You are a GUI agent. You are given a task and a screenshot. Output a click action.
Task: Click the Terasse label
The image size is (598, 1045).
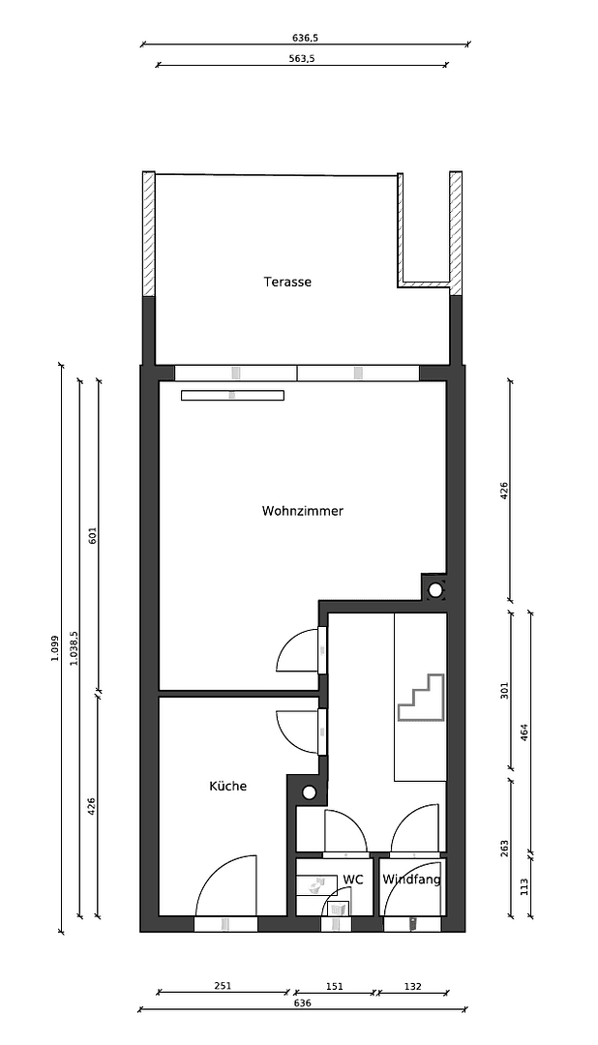click(x=287, y=283)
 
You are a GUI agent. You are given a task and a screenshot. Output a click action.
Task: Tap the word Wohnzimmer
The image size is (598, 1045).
click(x=302, y=511)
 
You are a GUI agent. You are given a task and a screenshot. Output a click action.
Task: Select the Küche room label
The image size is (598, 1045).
click(x=227, y=787)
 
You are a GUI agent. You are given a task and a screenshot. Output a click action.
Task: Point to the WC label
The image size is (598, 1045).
click(x=353, y=880)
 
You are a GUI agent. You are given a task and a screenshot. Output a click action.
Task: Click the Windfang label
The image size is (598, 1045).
click(x=411, y=880)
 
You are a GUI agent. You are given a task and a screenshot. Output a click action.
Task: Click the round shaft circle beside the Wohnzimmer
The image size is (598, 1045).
click(x=435, y=589)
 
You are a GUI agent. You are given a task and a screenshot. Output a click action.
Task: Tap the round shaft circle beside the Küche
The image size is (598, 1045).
click(x=309, y=792)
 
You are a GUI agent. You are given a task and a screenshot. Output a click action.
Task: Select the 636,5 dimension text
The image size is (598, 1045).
click(x=305, y=38)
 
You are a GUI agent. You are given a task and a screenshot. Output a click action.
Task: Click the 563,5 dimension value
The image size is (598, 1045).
click(x=303, y=58)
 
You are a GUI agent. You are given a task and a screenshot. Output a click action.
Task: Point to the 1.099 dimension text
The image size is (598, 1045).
click(x=55, y=648)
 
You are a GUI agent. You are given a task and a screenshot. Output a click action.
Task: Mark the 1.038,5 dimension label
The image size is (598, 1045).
click(x=74, y=646)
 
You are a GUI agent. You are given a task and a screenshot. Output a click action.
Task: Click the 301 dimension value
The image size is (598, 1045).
click(x=504, y=690)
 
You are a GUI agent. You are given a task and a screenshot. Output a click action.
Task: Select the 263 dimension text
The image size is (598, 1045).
click(x=504, y=848)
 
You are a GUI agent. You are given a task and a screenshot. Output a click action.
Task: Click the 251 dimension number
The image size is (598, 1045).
click(x=223, y=986)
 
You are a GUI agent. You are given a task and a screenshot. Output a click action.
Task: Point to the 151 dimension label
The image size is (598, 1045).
click(x=334, y=986)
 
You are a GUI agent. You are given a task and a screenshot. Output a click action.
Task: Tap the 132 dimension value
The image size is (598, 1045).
click(x=412, y=986)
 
